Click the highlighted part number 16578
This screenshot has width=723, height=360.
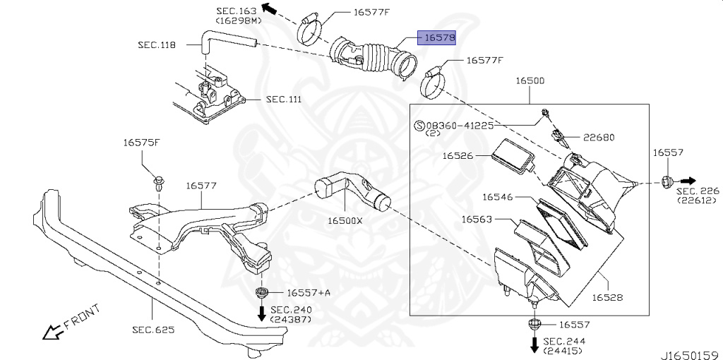437,37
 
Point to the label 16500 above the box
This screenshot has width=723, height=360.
529,81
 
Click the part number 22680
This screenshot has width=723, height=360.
599,138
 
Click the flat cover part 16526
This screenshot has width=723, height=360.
513,156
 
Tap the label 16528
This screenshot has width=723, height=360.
607,298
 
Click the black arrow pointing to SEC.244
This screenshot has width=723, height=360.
534,344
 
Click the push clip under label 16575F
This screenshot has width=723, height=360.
160,184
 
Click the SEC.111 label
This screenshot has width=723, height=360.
284,100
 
